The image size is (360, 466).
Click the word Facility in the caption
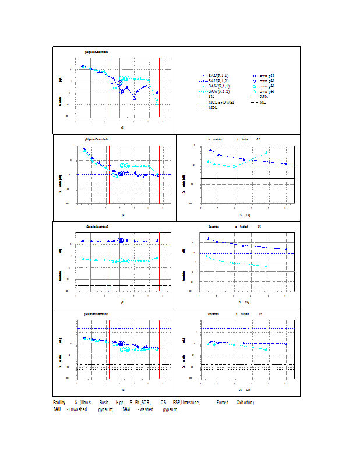(59, 403)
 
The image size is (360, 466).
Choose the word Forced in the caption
(222, 403)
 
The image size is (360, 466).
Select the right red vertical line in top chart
(150, 87)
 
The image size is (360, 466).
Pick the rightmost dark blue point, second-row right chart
(286, 164)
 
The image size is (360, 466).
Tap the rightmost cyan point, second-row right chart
(267, 153)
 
